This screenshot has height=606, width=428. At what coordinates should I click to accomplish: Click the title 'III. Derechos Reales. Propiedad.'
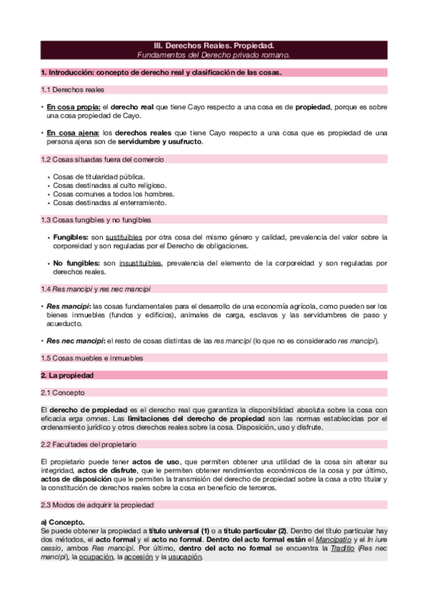pyautogui.click(x=214, y=45)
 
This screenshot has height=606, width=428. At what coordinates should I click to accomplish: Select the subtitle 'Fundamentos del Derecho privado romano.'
pyautogui.click(x=214, y=55)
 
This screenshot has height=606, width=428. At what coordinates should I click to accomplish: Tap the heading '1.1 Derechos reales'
pyautogui.click(x=72, y=90)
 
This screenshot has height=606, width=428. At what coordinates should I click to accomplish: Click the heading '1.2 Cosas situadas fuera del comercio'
pyautogui.click(x=102, y=159)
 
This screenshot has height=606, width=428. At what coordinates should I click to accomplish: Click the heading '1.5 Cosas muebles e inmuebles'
pyautogui.click(x=92, y=357)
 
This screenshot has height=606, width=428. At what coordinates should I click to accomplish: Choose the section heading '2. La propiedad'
pyautogui.click(x=67, y=375)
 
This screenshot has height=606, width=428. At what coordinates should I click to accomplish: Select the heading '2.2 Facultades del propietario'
pyautogui.click(x=91, y=444)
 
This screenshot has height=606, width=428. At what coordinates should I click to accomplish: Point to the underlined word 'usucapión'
pyautogui.click(x=184, y=557)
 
